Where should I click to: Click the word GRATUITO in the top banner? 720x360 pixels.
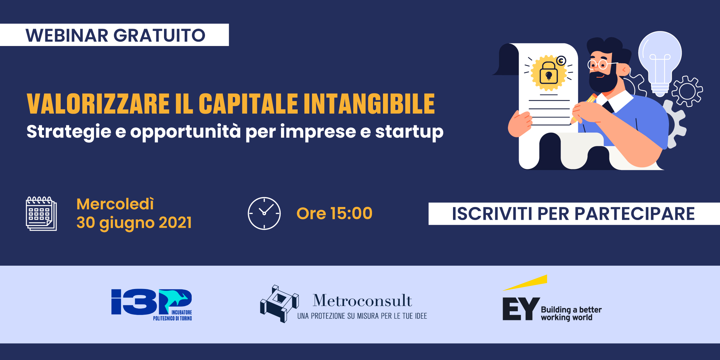click(x=159, y=35)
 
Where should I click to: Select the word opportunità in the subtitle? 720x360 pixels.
click(x=185, y=132)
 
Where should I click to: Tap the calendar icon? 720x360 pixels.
click(x=41, y=213)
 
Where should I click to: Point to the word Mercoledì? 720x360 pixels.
click(x=115, y=204)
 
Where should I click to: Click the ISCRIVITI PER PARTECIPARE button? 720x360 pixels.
click(x=574, y=214)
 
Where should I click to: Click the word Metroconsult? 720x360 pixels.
click(x=362, y=301)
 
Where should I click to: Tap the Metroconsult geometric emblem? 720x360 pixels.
click(x=279, y=304)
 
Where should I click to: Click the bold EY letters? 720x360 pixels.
click(x=521, y=309)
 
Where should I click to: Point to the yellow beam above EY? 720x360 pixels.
click(x=525, y=283)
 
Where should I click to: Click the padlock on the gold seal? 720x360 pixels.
click(x=548, y=73)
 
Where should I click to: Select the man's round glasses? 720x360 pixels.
click(x=598, y=64)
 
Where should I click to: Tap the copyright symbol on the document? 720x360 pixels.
click(x=561, y=61)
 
